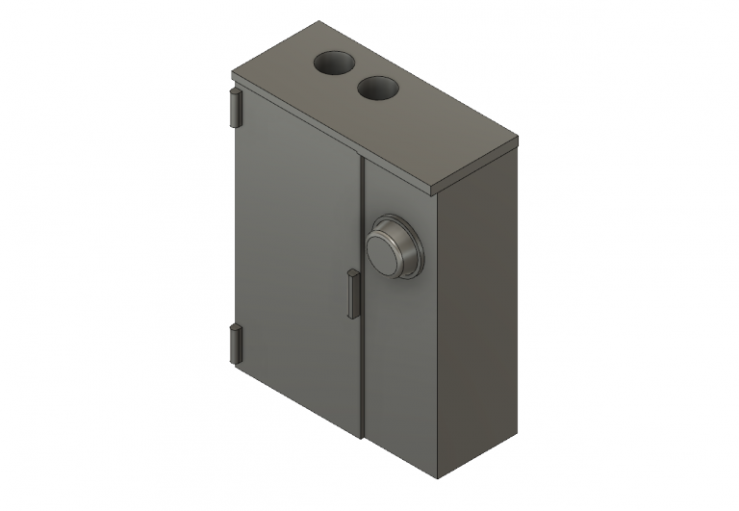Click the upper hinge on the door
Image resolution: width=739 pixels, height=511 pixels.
tap(234, 108)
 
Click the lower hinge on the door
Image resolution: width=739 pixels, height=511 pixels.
tap(234, 344)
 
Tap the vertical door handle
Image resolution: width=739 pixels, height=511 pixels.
tap(351, 293)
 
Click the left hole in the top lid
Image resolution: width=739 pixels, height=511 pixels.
tap(334, 64)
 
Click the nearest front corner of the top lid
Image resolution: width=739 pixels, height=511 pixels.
tap(439, 188)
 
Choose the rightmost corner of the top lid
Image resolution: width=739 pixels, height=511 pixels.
tap(520, 142)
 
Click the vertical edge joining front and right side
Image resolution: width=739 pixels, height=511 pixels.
tap(438, 337)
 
